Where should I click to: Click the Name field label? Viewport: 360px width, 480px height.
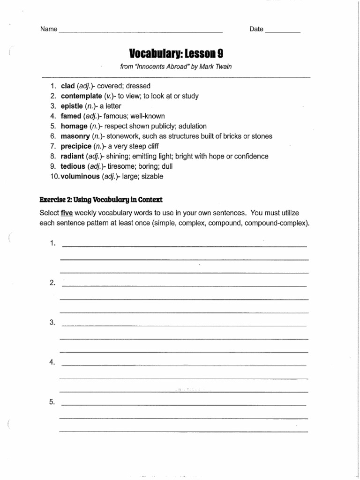tap(49, 29)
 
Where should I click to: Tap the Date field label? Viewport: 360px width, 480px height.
tap(256, 29)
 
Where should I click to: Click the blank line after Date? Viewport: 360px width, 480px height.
tap(283, 31)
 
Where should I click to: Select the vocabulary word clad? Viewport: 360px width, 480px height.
tap(68, 86)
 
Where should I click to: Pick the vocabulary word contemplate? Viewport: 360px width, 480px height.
tap(81, 96)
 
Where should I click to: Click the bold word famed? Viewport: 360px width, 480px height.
tap(71, 116)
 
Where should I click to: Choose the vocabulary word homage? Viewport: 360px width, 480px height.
tap(74, 126)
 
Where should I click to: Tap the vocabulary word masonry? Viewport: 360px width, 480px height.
tap(75, 136)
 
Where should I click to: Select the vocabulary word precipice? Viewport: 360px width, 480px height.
tap(76, 146)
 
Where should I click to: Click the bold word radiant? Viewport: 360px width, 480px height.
tap(73, 156)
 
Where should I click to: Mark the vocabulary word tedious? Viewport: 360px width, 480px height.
tap(73, 166)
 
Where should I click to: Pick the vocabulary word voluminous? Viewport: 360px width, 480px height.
tap(80, 176)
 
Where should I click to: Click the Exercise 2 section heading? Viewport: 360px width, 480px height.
tap(101, 200)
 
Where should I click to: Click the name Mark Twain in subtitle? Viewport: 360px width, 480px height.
tap(217, 67)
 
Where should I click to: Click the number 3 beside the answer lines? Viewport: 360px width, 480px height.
tap(52, 322)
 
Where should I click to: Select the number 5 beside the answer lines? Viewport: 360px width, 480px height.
tap(52, 402)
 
